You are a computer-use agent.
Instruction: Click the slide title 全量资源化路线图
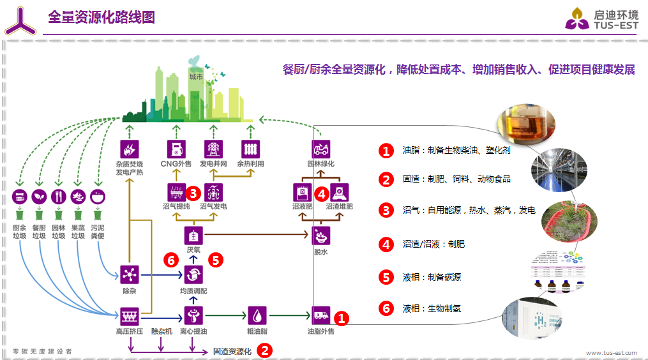102,17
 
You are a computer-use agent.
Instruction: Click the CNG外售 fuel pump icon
175,149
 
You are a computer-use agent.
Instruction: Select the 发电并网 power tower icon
213,149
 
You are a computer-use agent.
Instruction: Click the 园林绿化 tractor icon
320,149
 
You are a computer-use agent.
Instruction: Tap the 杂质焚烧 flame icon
130,149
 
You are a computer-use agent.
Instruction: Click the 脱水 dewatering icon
320,236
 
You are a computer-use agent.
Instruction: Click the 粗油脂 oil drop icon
257,315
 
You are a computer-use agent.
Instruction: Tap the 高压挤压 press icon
130,315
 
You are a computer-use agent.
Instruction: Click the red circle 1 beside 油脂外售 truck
342,317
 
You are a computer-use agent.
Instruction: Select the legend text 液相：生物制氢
432,308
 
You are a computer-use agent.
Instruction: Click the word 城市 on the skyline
196,77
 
